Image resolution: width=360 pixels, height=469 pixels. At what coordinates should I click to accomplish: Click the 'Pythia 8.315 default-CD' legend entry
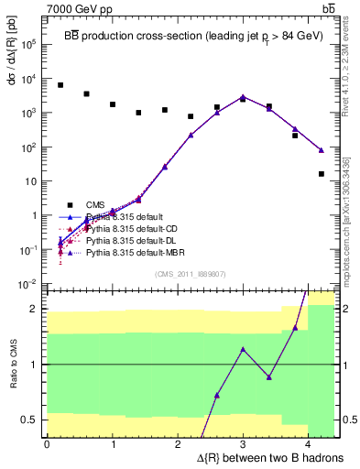click(x=128, y=228)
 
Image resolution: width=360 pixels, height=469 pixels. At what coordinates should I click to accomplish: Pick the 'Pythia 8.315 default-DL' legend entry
click(x=127, y=240)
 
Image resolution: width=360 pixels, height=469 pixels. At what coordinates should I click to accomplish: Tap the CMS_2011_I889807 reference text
click(x=192, y=272)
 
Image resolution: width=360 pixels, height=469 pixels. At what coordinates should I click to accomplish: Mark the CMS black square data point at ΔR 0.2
click(x=60, y=85)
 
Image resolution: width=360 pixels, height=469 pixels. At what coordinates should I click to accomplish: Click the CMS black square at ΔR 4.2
click(x=322, y=174)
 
